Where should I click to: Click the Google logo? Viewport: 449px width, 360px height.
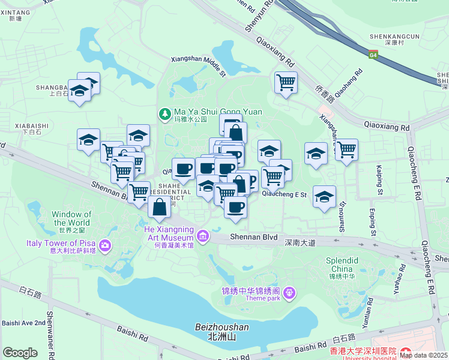(x=20, y=353)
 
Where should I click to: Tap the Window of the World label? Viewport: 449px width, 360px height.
(x=71, y=218)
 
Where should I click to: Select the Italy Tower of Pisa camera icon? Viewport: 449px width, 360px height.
(x=106, y=245)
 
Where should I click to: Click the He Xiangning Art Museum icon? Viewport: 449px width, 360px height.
(x=203, y=235)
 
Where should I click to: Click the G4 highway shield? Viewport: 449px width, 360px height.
(x=373, y=55)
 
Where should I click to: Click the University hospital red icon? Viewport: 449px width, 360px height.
(x=405, y=352)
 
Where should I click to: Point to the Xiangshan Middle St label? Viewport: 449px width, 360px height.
(x=198, y=64)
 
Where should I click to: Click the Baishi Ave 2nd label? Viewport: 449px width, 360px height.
(x=23, y=323)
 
